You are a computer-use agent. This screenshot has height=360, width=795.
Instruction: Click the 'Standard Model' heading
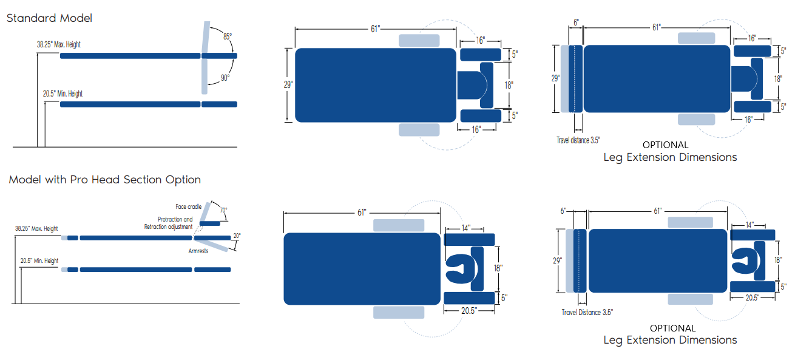49,18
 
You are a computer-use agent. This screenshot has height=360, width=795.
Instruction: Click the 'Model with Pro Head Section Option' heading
105,180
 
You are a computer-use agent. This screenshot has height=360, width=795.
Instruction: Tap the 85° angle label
228,36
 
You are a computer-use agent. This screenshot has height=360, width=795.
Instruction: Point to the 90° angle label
225,77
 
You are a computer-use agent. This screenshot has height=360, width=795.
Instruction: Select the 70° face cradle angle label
223,210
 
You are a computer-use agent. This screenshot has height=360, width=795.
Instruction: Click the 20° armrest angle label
237,236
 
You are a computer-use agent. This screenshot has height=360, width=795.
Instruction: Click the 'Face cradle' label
189,206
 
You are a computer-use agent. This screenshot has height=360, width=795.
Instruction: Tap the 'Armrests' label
198,251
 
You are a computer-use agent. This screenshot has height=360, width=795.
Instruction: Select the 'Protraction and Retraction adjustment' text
169,223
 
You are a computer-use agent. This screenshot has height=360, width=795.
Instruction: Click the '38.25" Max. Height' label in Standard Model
59,44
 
